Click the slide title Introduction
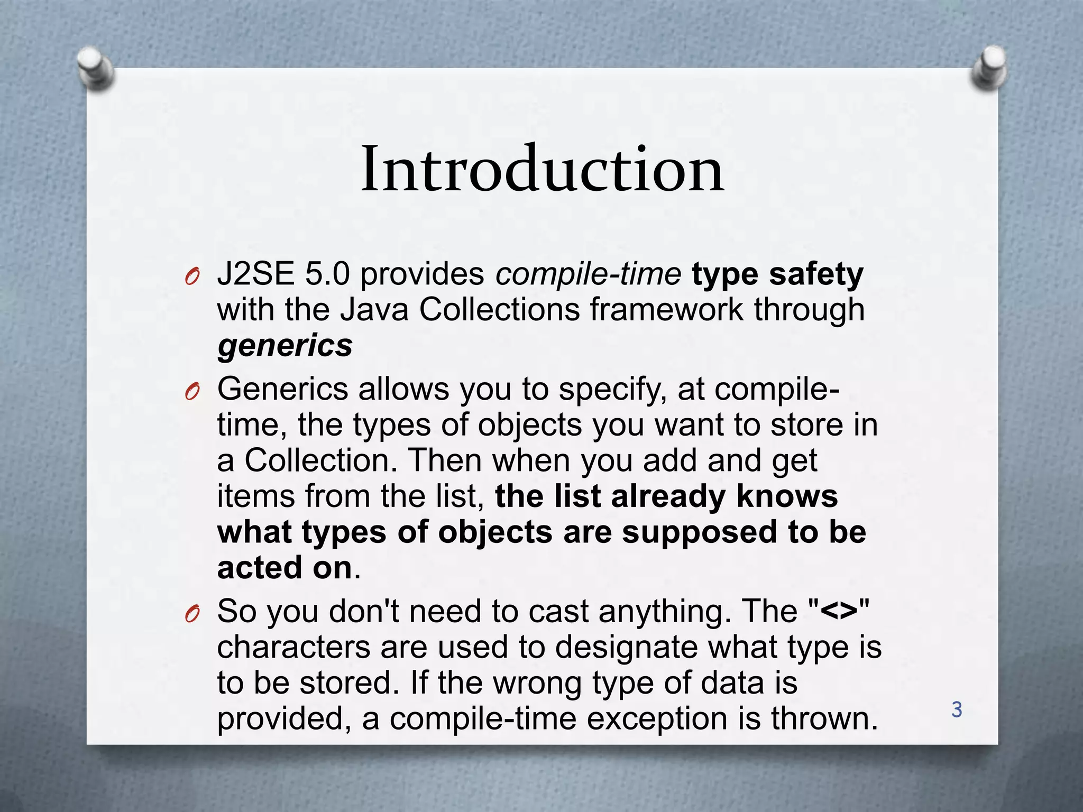(x=542, y=169)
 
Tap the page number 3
(x=957, y=710)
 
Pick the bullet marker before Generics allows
(x=192, y=392)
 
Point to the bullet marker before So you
(x=192, y=614)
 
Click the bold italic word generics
(x=284, y=346)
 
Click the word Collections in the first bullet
(x=500, y=310)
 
